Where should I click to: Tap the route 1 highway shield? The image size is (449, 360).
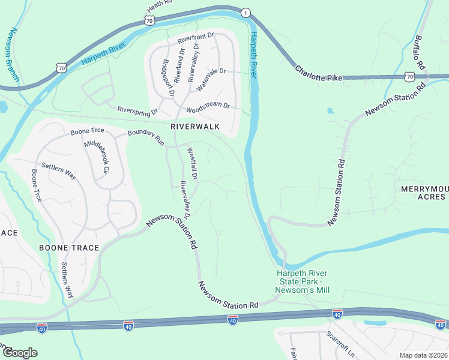(x=245, y=13)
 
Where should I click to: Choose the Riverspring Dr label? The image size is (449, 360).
(x=137, y=111)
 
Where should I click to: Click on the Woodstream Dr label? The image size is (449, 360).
(x=208, y=107)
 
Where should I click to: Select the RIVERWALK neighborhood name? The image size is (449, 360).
(x=195, y=127)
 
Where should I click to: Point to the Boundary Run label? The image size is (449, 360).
(x=146, y=137)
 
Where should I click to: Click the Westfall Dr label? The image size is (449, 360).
(x=192, y=164)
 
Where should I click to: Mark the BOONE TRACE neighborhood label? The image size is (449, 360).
(x=64, y=247)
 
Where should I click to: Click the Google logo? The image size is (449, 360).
(x=19, y=352)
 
